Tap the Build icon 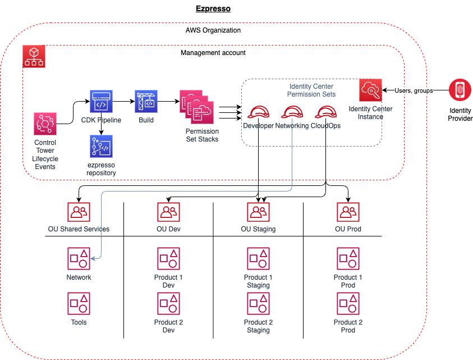(x=146, y=101)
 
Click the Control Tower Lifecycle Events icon (x=45, y=124)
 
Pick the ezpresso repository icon (x=101, y=146)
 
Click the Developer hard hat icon (x=258, y=111)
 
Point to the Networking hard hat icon (x=292, y=111)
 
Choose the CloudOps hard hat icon (x=325, y=111)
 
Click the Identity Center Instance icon (x=370, y=90)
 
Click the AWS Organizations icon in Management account (x=34, y=57)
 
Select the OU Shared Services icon (x=79, y=212)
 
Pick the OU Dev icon (x=168, y=212)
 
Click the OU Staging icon (x=258, y=212)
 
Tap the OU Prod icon (x=348, y=212)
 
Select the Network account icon (x=79, y=258)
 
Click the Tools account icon (x=79, y=303)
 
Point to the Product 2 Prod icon (x=348, y=303)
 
